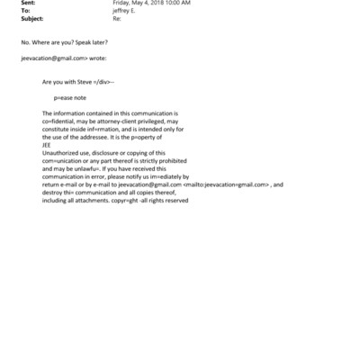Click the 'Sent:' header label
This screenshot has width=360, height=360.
pos(28,5)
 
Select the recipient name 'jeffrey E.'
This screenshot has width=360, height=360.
pos(125,13)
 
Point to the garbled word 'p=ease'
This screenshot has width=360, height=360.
pos(66,94)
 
